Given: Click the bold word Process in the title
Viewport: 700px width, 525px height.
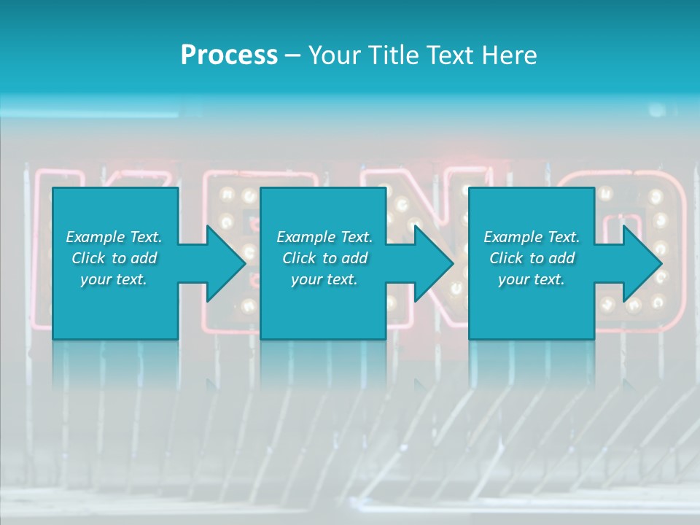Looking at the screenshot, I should click(229, 55).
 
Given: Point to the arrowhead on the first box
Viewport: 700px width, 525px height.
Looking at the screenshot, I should click(222, 263).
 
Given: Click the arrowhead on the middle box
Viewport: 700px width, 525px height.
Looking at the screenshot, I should click(432, 263).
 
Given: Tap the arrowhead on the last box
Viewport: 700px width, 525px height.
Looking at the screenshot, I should click(639, 263).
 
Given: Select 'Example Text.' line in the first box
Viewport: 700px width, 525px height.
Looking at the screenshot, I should click(114, 237).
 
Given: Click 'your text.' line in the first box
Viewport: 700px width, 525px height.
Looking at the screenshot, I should click(114, 279).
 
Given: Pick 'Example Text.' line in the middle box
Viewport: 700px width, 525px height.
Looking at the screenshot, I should click(324, 237).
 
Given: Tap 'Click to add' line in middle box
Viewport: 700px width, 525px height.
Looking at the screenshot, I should click(324, 258).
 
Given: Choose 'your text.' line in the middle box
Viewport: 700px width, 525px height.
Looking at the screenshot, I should click(324, 279).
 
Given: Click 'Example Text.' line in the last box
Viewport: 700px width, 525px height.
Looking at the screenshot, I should click(532, 237).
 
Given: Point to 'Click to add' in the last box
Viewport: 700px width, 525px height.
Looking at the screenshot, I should click(532, 258).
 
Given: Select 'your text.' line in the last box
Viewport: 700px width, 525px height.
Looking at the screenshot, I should click(532, 279).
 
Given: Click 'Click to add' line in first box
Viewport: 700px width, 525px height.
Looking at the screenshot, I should click(114, 258).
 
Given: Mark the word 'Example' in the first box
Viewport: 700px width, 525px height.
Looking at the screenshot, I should click(95, 237).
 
